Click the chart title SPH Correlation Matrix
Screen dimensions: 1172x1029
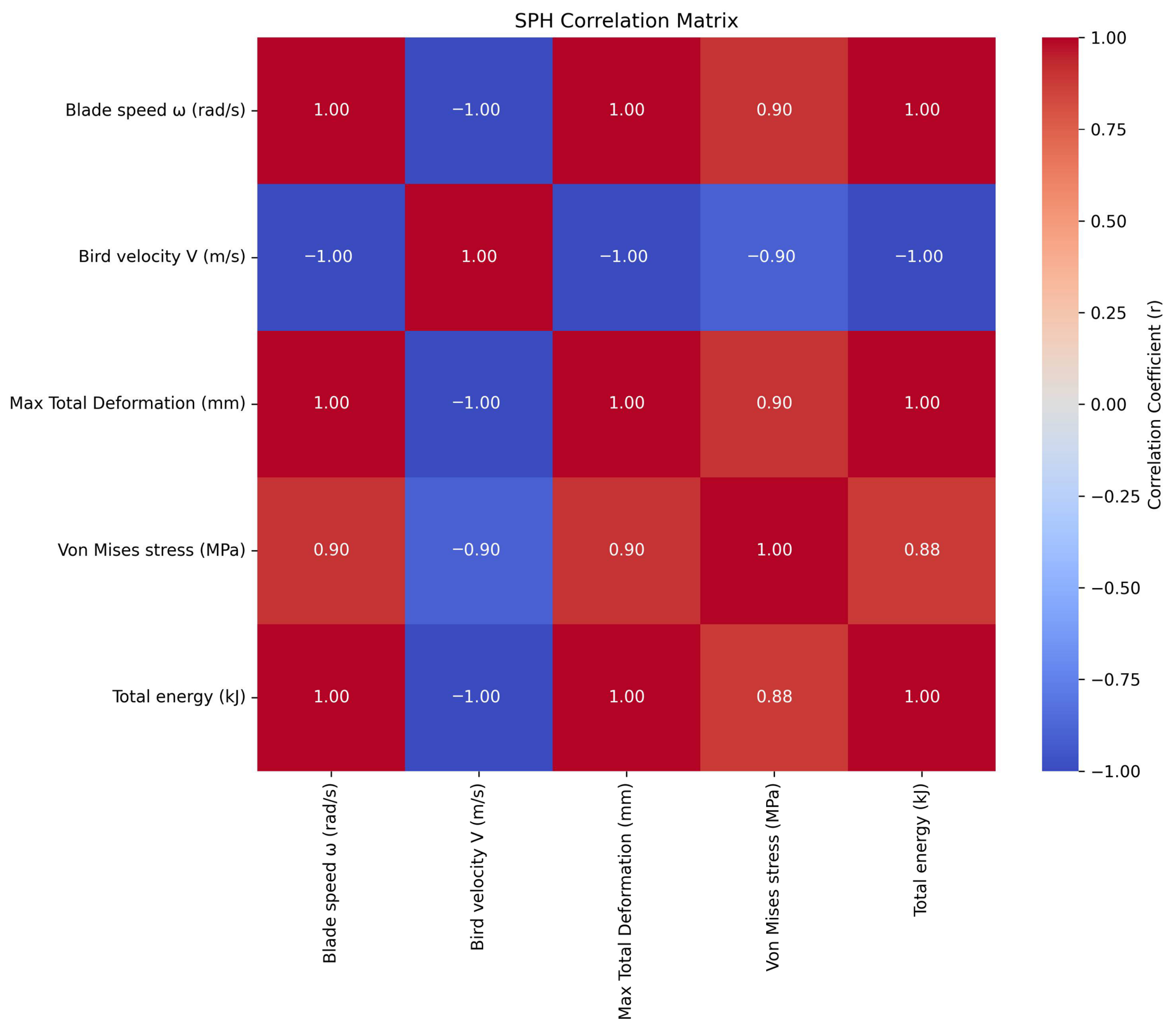[626, 21]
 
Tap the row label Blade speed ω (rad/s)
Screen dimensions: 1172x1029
[155, 110]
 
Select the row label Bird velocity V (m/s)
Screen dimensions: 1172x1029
[162, 257]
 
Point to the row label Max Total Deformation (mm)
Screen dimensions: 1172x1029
[127, 403]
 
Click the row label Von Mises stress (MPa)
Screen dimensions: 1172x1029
[152, 550]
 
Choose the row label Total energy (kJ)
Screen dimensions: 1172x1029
[179, 697]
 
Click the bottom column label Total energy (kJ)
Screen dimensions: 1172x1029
[921, 850]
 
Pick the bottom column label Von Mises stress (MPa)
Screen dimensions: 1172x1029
[773, 877]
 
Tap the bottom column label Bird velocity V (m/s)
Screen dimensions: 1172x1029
[478, 867]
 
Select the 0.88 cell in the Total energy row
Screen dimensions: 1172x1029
[774, 697]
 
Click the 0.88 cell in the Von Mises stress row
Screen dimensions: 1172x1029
[921, 550]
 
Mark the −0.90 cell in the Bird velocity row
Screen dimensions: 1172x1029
[774, 257]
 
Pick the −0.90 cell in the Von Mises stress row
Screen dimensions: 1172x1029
[479, 550]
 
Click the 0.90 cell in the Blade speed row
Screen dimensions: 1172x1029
[774, 110]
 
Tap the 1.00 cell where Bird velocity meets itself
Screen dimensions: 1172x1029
[479, 257]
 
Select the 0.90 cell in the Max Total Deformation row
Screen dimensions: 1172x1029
[774, 403]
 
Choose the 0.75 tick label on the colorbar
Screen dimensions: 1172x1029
[1109, 130]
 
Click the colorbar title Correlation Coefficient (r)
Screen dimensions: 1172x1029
[1156, 405]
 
